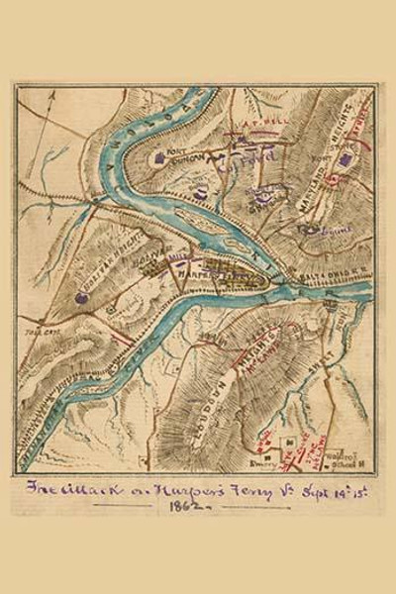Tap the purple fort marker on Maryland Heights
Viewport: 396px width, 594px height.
(345, 158)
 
